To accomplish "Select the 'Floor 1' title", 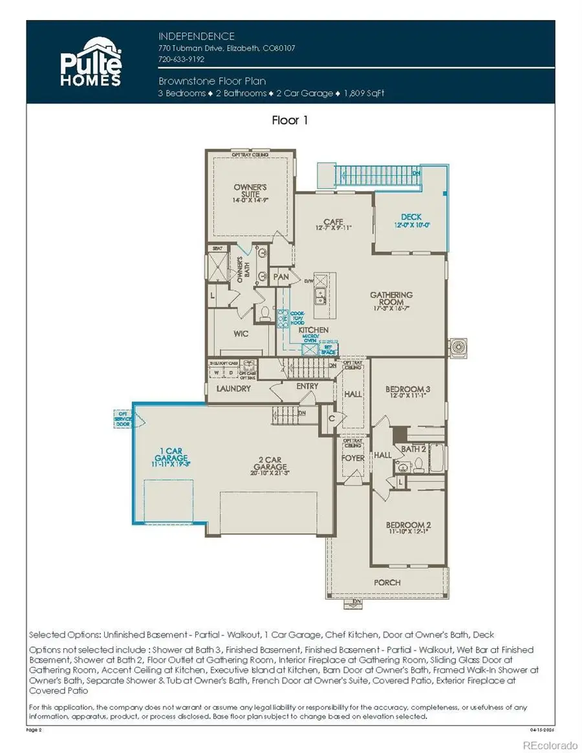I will tap(290, 121).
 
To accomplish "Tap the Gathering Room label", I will tap(391, 299).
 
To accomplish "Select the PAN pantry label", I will tap(281, 277).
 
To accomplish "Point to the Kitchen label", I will tap(313, 330).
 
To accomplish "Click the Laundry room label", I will tap(233, 389).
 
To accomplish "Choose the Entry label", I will tap(307, 387).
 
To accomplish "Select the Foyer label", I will tap(352, 458).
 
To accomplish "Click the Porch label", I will tap(387, 582).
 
